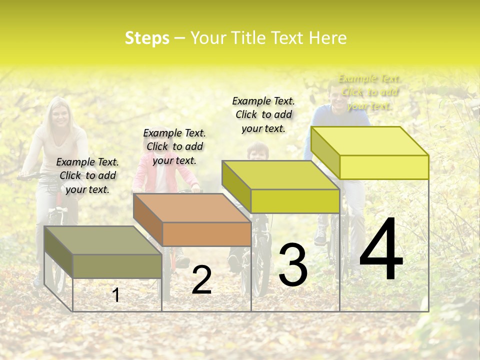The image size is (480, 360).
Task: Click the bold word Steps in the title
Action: (147, 38)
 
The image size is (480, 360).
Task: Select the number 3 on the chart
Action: (292, 265)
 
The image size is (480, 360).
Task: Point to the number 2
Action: (201, 280)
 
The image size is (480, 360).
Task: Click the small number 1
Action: (116, 295)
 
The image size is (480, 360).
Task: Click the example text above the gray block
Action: (87, 175)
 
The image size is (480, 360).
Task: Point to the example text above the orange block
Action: (174, 146)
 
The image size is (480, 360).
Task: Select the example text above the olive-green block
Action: (263, 114)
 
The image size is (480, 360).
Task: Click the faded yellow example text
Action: (369, 92)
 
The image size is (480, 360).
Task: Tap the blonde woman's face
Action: (61, 116)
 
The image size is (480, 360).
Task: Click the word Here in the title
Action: (327, 38)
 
